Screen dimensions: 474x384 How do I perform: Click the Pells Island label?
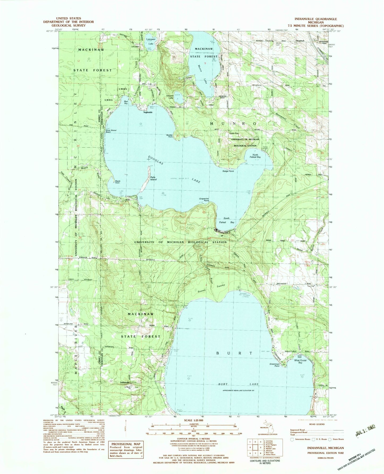(153, 178)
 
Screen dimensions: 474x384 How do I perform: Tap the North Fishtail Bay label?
(255, 156)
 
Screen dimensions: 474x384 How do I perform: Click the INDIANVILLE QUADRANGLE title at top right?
(315, 19)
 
